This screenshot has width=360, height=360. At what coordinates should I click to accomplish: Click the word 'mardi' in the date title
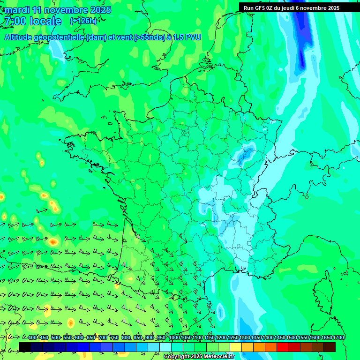click(x=17, y=10)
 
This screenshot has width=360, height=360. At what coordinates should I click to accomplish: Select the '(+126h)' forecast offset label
click(x=83, y=21)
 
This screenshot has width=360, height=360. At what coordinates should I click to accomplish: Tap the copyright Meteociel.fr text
click(x=199, y=356)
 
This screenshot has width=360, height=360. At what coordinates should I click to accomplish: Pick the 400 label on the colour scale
click(x=32, y=338)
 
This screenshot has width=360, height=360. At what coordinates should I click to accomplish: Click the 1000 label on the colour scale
click(x=174, y=338)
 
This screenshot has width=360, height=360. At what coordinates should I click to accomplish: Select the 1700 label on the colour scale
click(x=338, y=338)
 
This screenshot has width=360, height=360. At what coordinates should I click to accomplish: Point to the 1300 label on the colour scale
click(x=245, y=338)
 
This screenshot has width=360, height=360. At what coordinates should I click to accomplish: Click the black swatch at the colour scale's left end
click(x=25, y=347)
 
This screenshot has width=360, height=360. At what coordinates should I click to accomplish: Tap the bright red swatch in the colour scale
click(x=283, y=347)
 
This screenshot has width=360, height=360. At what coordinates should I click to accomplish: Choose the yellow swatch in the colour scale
click(x=236, y=347)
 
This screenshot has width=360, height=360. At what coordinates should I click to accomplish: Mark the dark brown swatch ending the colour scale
click(x=330, y=347)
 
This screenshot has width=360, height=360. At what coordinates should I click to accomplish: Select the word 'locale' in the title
click(x=45, y=21)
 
